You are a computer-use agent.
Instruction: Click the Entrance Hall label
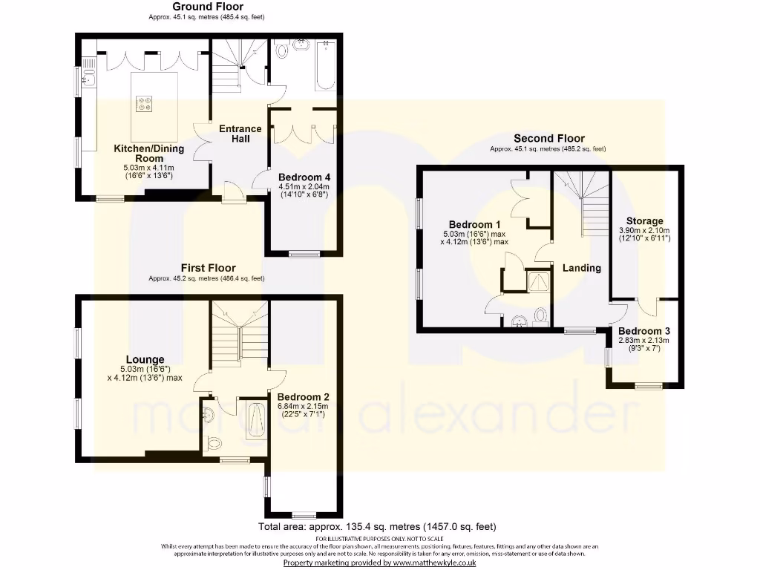[x=240, y=134]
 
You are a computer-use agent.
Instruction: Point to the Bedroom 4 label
[x=304, y=177]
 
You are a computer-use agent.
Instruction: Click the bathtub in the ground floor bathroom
[x=327, y=66]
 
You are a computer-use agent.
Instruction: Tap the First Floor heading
[x=207, y=268]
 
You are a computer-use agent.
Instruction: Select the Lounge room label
[x=145, y=359]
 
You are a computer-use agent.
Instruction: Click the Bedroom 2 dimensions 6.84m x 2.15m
[x=304, y=407]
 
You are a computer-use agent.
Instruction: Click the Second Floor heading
[x=548, y=139]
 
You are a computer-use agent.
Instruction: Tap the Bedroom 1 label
[x=475, y=225]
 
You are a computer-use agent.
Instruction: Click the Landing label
[x=581, y=268]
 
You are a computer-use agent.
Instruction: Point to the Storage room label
[x=644, y=221]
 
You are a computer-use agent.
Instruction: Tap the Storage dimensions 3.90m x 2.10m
[x=644, y=231]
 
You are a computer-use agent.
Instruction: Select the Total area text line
[x=376, y=528]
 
